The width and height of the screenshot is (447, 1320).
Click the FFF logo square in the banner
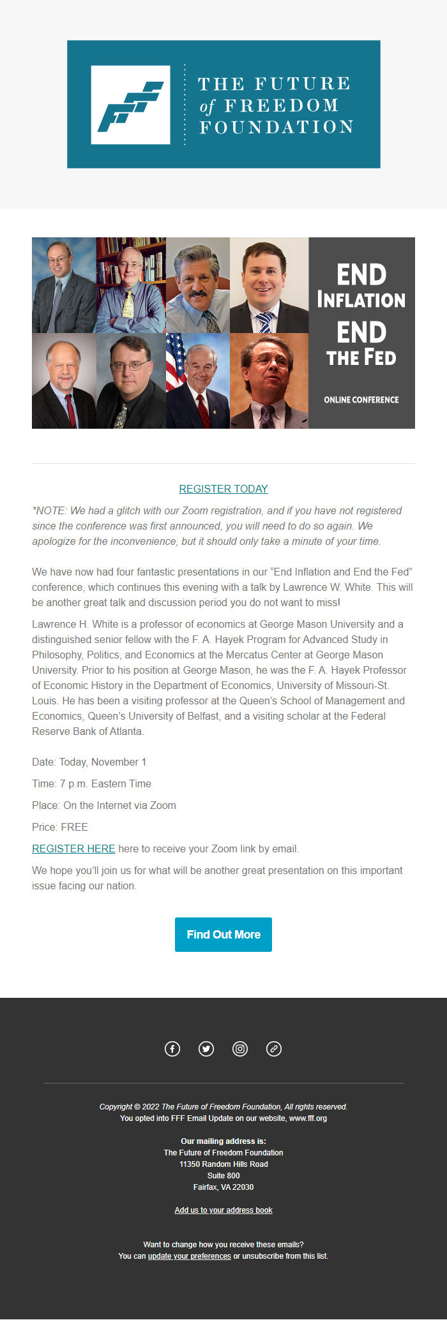coord(130,105)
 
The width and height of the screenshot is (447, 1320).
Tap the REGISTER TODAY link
coord(223,489)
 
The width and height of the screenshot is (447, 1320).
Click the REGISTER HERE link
coord(73,849)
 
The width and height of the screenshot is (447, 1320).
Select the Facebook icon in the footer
coord(172,1049)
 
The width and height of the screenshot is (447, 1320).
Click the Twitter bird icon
coord(206,1049)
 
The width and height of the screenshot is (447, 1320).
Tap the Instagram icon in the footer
coord(240,1049)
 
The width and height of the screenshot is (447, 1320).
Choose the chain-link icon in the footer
coord(274,1049)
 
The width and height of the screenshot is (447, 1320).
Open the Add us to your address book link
coord(223,1210)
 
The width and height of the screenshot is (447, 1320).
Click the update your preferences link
coord(189,1256)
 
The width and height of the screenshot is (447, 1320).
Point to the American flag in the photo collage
coord(176,360)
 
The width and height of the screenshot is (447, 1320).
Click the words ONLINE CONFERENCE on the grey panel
coord(361,400)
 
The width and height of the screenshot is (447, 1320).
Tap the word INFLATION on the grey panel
coord(361,300)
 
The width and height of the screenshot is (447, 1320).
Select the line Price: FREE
coord(60,827)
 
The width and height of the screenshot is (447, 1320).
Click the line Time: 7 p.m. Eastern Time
coord(91,783)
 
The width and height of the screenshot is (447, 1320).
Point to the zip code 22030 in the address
coord(243,1187)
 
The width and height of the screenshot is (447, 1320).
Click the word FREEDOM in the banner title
coord(281,105)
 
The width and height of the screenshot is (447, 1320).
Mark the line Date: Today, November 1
coord(89,762)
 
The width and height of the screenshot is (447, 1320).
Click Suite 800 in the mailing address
coord(223,1176)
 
